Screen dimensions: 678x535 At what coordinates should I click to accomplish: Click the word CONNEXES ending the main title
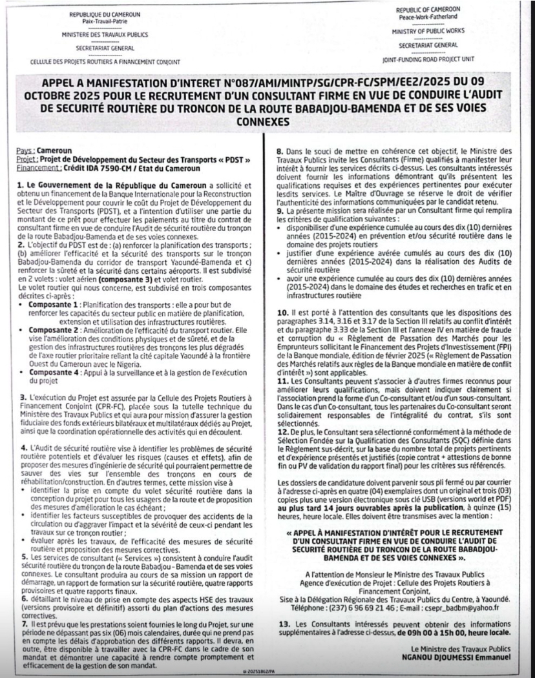click(266, 121)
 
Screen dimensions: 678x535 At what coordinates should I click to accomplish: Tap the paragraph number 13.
click(281, 623)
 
